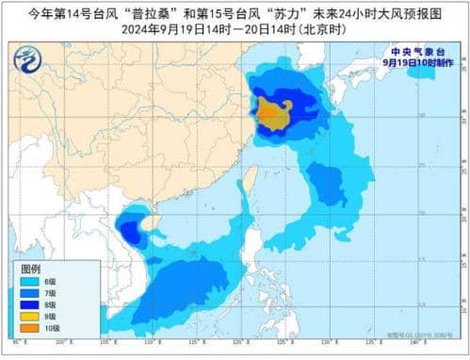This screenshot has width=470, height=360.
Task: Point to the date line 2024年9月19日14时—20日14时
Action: click(x=235, y=29)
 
